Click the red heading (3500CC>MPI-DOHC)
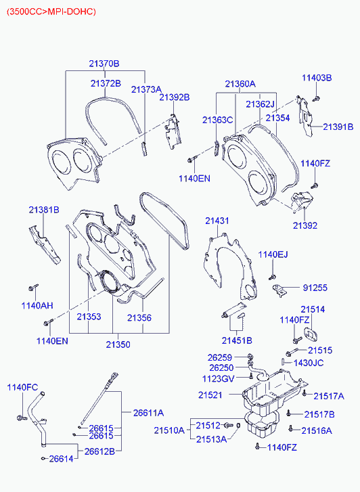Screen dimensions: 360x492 pyautogui.click(x=51, y=12)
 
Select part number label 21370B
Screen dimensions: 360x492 pyautogui.click(x=104, y=64)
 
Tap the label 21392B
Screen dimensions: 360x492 pyautogui.click(x=175, y=97)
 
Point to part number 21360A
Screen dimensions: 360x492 pyautogui.click(x=240, y=84)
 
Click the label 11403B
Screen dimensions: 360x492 pyautogui.click(x=317, y=78)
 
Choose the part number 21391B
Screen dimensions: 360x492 pyautogui.click(x=338, y=127)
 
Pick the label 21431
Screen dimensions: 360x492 pyautogui.click(x=217, y=221)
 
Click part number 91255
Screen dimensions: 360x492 pyautogui.click(x=315, y=288)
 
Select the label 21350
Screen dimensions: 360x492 pyautogui.click(x=118, y=344)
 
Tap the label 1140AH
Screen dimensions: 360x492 pyautogui.click(x=37, y=306)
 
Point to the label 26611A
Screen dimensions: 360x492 pyautogui.click(x=148, y=413)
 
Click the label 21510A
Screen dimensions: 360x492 pyautogui.click(x=169, y=430)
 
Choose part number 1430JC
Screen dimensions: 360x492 pyautogui.click(x=309, y=363)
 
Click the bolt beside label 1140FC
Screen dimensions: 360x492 pyautogui.click(x=22, y=418)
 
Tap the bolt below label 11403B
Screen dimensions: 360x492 pyautogui.click(x=316, y=99)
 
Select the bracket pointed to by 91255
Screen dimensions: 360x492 pyautogui.click(x=279, y=290)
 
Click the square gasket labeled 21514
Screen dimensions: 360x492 pyautogui.click(x=311, y=334)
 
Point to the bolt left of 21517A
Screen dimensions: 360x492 pyautogui.click(x=304, y=393)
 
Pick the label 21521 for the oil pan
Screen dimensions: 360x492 pyautogui.click(x=210, y=395)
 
